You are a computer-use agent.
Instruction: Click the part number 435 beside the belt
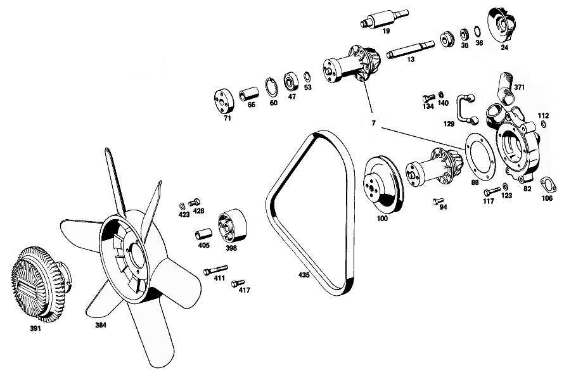[304, 276]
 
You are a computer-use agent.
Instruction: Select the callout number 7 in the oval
[374, 123]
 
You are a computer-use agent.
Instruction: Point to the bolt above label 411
[215, 270]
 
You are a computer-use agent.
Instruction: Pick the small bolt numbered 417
[238, 283]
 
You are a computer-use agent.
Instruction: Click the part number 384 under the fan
[101, 326]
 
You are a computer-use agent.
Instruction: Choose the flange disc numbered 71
[224, 101]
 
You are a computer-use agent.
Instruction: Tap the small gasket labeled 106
[547, 184]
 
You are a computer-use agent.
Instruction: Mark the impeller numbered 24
[502, 24]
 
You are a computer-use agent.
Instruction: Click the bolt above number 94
[439, 201]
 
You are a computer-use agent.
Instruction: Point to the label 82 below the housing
[527, 189]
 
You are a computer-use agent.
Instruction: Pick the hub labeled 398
[232, 226]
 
